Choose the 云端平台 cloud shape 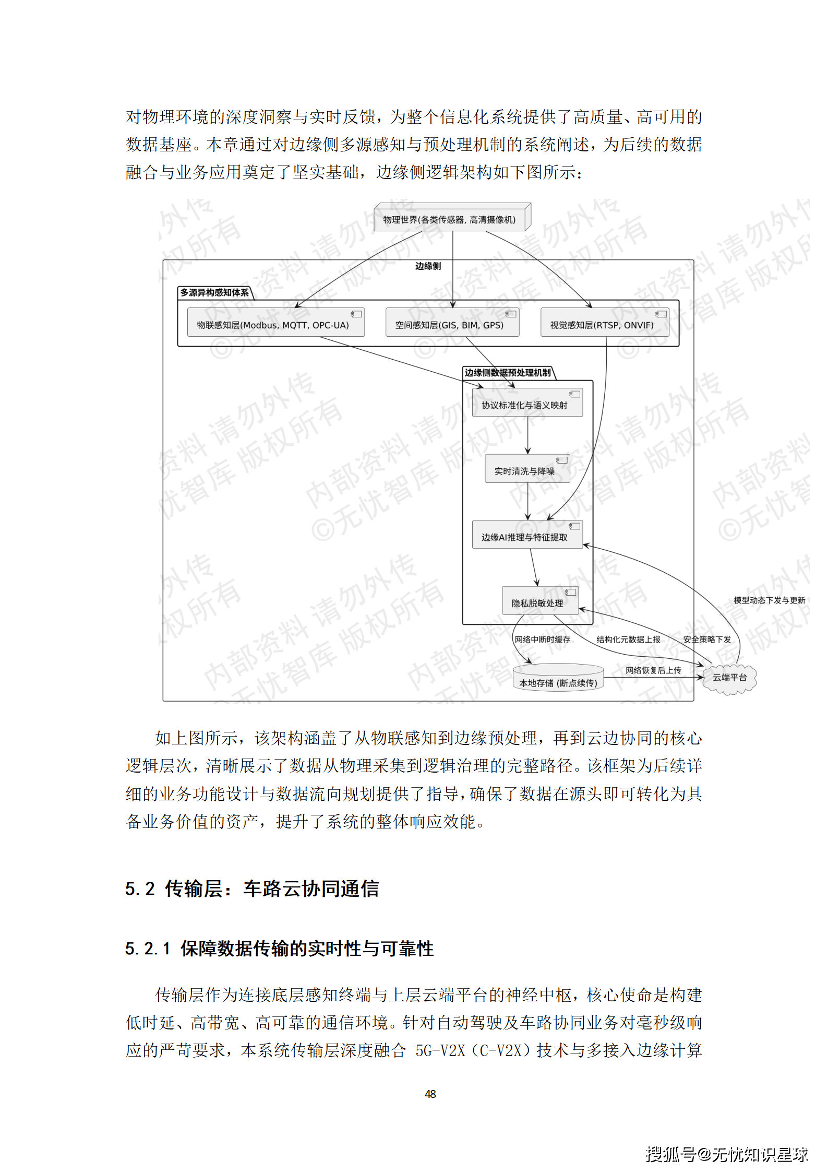click(x=729, y=678)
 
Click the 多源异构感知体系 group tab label click(x=214, y=293)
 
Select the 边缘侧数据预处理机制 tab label click(x=508, y=373)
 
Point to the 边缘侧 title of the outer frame click(x=428, y=266)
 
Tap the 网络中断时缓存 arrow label click(x=542, y=640)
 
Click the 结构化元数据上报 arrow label click(x=628, y=640)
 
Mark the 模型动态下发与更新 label click(x=769, y=600)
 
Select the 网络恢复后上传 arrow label click(x=653, y=670)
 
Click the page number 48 click(x=430, y=1094)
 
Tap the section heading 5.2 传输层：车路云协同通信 click(x=252, y=889)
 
